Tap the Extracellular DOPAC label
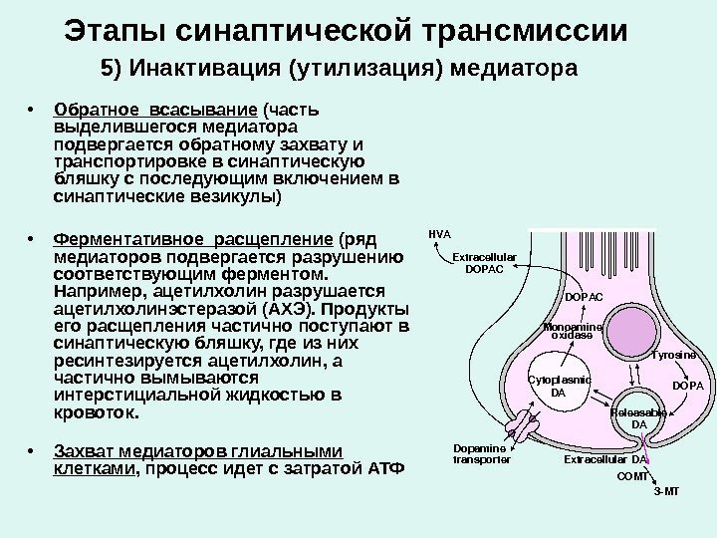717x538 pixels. click(485, 263)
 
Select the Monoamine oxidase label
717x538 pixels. click(572, 332)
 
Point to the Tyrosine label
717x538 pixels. click(673, 355)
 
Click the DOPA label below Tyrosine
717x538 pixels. click(687, 385)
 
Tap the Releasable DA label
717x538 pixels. click(638, 418)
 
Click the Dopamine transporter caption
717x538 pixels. click(481, 454)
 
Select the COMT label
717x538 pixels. click(632, 477)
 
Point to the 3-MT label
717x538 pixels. click(664, 492)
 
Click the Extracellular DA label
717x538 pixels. click(605, 460)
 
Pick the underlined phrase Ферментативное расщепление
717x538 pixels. click(192, 239)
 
